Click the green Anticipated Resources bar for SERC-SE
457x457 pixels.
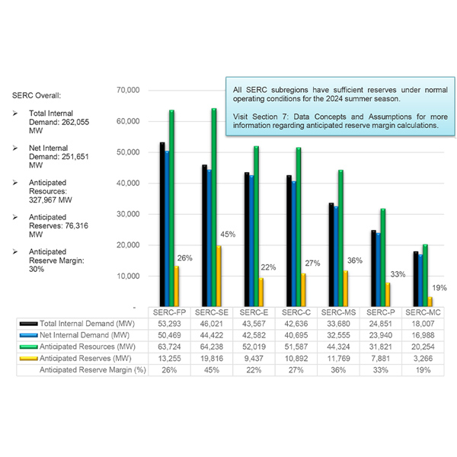(x=214, y=206)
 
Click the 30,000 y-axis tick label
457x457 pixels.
(x=126, y=214)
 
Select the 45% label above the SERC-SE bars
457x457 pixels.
(x=228, y=235)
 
